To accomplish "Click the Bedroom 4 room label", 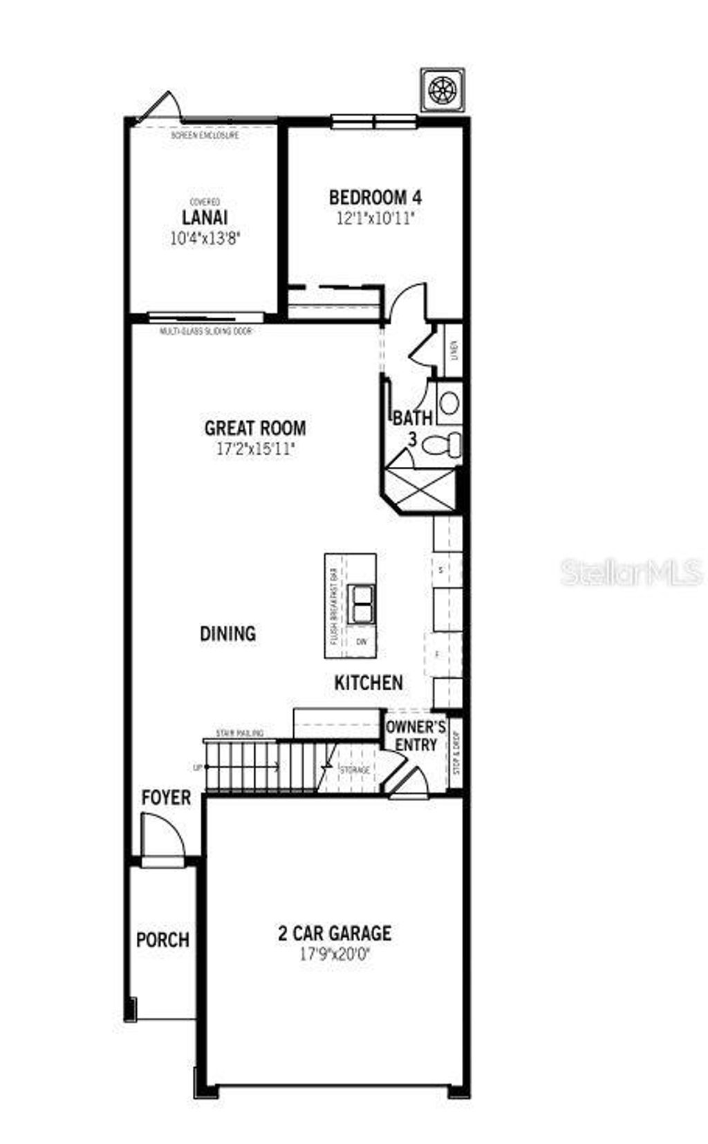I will coord(375,197).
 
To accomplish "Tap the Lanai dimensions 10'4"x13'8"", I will coord(205,239).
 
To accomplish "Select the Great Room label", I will coord(254,428).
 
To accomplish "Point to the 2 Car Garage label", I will coord(335,933).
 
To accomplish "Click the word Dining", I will coord(227,633).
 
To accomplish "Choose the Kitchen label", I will coord(369,683).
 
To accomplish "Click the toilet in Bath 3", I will coord(440,445).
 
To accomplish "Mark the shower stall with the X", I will coord(422,489).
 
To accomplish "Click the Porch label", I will coord(162,940).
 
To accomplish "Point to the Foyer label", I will coord(166,797).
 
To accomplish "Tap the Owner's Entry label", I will coord(416,735).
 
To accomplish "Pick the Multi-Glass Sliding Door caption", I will coord(206,332).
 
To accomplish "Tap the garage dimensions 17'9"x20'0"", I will coord(335,954).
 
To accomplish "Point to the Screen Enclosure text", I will coord(205,136).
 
